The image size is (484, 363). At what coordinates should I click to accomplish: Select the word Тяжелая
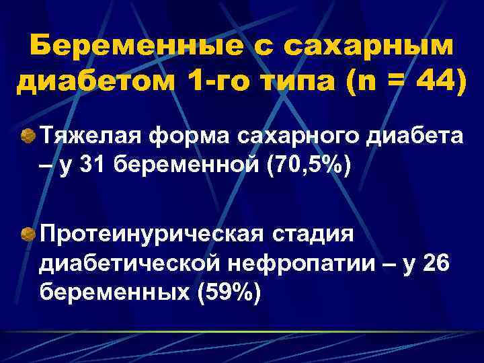click(x=87, y=136)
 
